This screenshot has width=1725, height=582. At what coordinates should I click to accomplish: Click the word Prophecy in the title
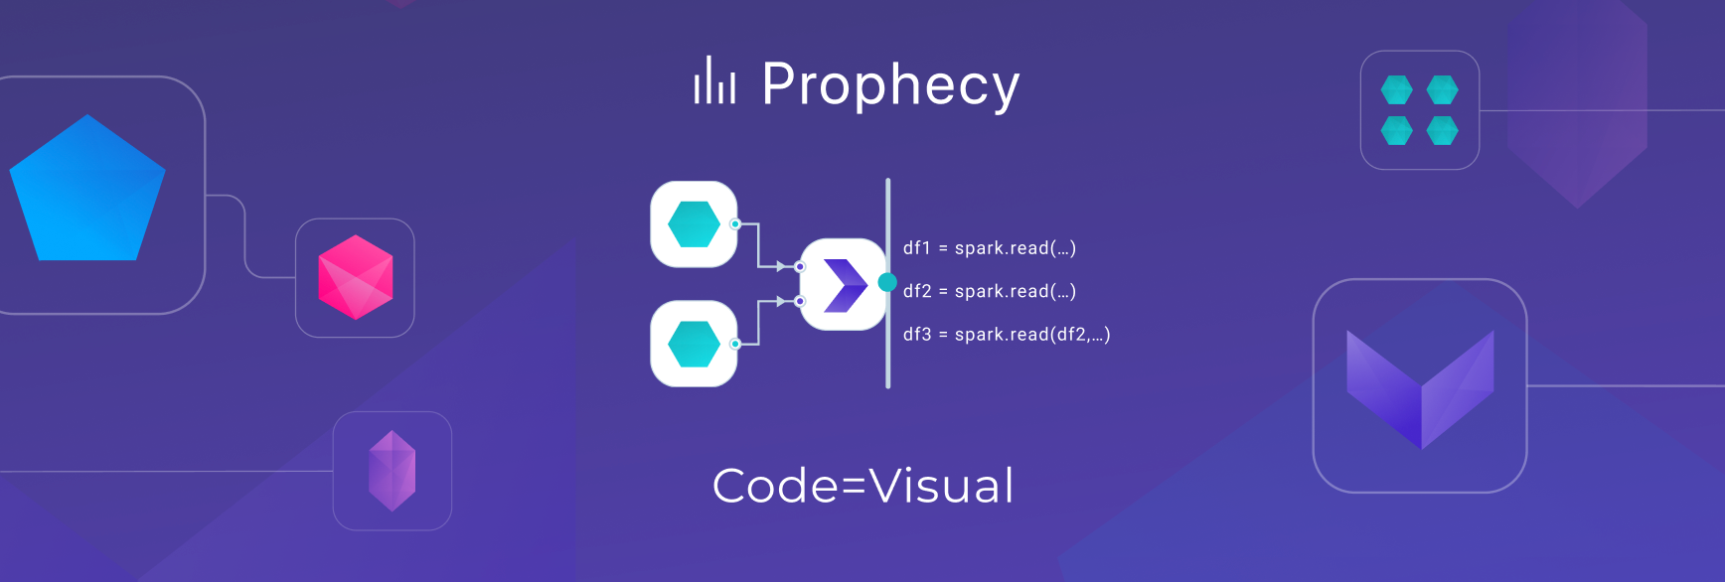[889, 84]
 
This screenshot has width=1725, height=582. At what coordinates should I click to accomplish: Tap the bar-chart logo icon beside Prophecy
[714, 80]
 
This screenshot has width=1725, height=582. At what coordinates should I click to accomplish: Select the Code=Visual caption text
[862, 486]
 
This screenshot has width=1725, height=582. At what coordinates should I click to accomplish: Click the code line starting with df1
[989, 248]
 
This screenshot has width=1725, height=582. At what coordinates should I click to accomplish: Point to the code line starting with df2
[989, 291]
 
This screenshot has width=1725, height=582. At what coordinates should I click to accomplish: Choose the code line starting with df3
[1006, 335]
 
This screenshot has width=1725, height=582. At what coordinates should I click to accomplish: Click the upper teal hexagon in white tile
[694, 223]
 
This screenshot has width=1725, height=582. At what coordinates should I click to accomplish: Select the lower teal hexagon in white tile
[694, 344]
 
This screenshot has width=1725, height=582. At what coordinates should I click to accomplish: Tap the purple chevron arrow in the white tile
[845, 285]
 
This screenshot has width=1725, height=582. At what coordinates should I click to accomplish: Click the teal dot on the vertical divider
[887, 282]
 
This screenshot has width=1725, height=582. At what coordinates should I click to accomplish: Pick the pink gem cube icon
[355, 277]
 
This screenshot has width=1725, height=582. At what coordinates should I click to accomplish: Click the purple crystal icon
[392, 471]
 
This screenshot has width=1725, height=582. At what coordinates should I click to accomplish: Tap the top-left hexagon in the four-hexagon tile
[1396, 89]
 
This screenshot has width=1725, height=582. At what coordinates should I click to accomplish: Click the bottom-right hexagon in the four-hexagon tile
[1442, 130]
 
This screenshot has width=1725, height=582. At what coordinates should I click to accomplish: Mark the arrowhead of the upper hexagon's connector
[783, 266]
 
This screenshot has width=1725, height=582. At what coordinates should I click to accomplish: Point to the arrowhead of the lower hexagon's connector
[783, 301]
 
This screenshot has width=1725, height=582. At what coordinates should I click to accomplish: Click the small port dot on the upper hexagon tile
[735, 223]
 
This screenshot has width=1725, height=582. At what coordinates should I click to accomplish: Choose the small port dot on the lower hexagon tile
[735, 344]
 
